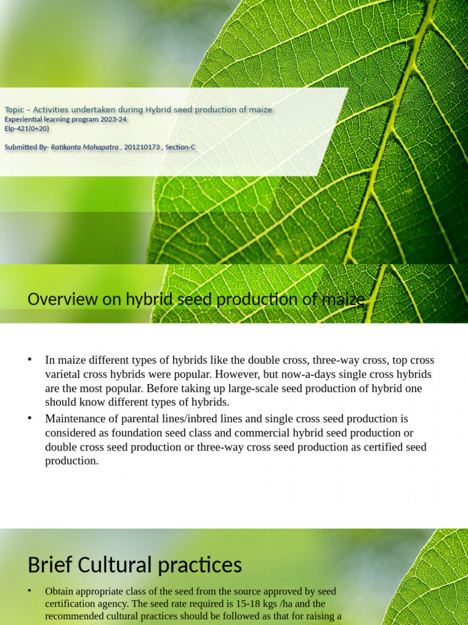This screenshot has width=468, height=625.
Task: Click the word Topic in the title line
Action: (14, 110)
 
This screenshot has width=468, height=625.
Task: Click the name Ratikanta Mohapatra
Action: (85, 147)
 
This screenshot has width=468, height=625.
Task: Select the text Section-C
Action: (180, 147)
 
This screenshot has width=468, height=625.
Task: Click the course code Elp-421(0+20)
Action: (27, 129)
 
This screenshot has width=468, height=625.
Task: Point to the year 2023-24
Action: (114, 120)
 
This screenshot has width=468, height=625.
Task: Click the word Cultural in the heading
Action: (118, 565)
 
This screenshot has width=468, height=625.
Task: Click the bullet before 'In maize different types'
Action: (30, 359)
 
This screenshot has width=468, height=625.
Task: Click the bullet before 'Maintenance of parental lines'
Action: (30, 418)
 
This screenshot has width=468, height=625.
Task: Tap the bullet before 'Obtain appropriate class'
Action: (30, 591)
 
